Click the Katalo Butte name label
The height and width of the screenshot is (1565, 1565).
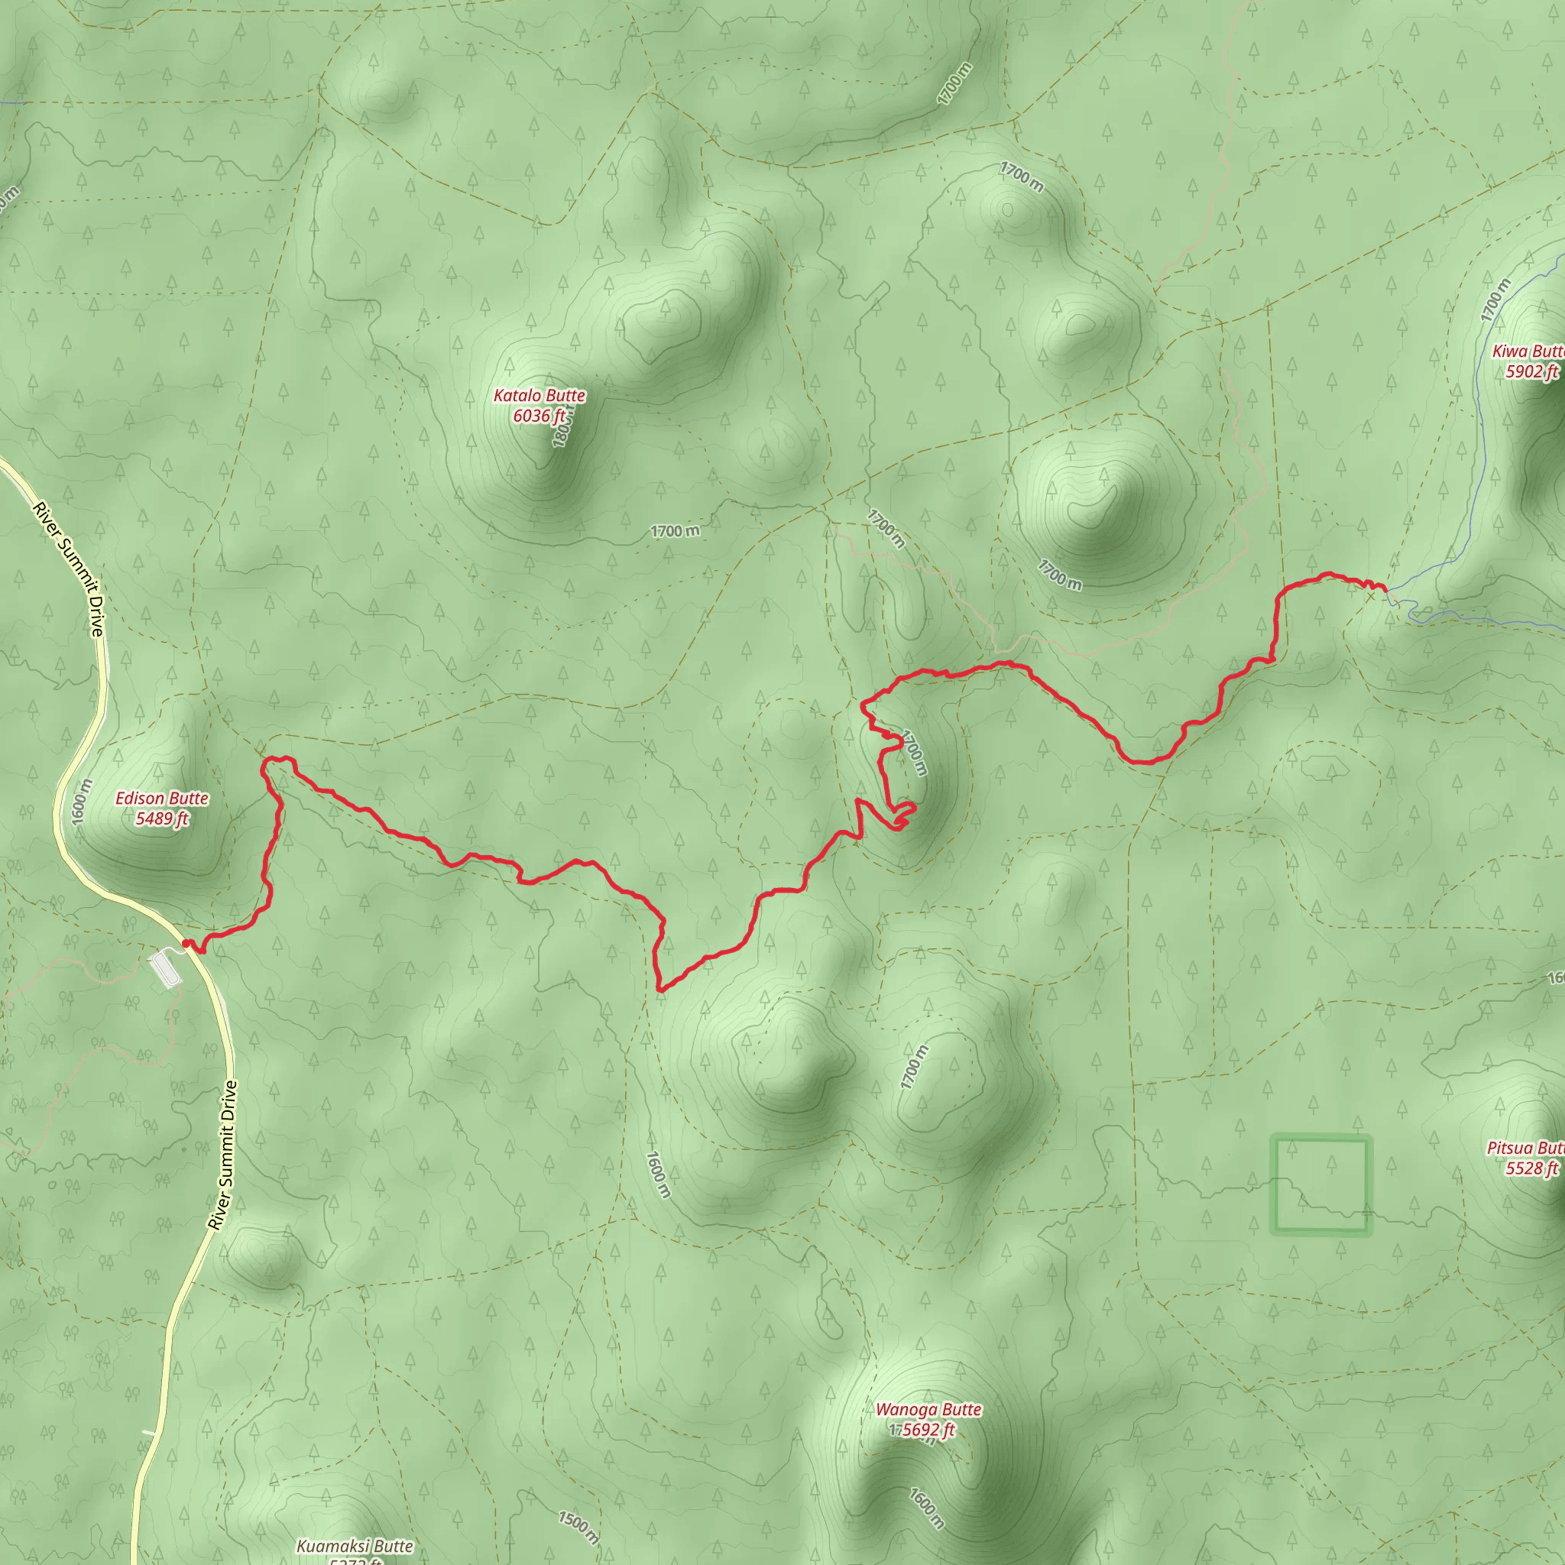point(539,396)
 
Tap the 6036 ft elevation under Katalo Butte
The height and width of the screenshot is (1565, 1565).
point(539,416)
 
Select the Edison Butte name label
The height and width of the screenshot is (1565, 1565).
point(162,799)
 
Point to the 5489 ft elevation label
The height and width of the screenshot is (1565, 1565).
point(162,819)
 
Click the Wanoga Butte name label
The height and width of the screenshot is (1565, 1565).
point(928,1409)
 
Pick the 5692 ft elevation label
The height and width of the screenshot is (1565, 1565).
point(928,1430)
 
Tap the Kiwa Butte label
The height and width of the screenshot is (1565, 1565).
point(1528,352)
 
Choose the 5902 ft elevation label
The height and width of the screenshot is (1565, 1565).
point(1531,372)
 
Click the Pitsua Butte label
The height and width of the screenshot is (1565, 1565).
point(1525,1148)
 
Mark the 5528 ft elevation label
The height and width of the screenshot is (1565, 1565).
point(1531,1168)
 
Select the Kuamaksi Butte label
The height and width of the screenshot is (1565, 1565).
point(355,1546)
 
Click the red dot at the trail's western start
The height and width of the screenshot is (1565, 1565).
point(186,944)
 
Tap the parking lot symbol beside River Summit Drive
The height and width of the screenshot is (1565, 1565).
point(166,969)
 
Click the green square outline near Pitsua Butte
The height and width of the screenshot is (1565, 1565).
point(1320,1185)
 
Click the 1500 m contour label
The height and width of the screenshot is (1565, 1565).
point(578,1527)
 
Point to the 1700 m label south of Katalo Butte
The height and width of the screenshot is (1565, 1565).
point(675,531)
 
